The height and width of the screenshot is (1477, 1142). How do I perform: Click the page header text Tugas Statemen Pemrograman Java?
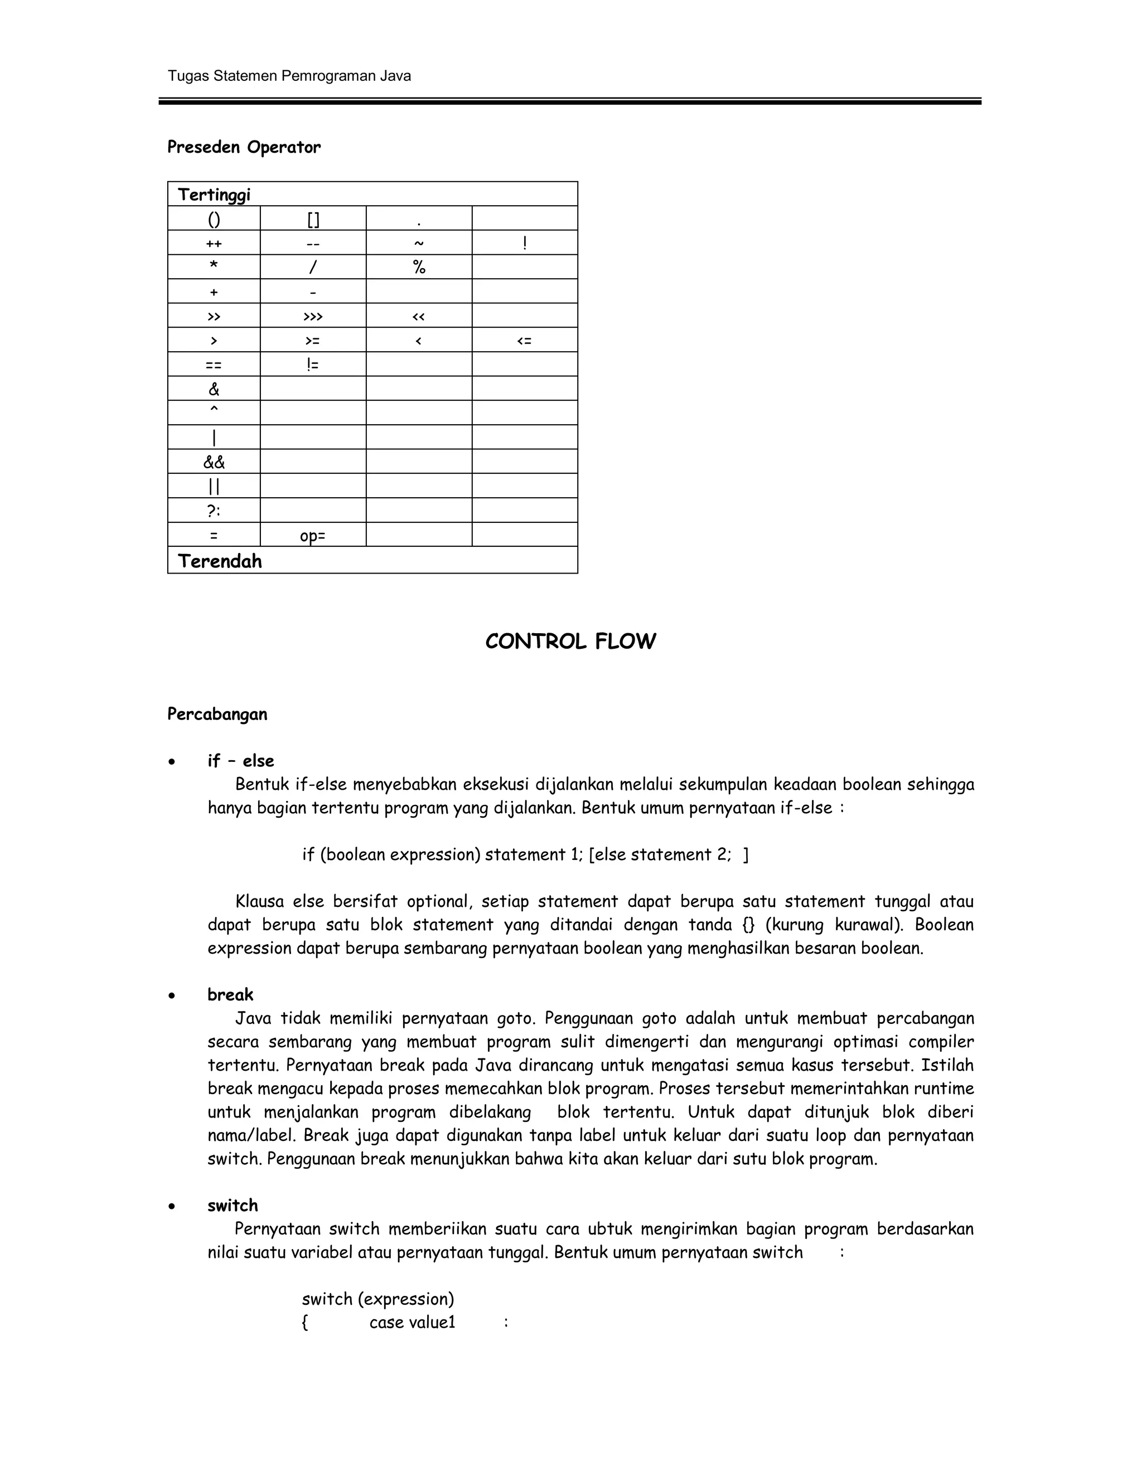289,76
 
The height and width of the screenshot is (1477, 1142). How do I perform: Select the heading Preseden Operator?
244,148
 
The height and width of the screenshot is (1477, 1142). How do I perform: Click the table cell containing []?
313,219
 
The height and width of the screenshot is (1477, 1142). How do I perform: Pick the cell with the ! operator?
524,243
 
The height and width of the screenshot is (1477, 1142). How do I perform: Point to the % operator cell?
419,268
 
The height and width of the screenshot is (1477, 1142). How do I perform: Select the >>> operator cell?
313,317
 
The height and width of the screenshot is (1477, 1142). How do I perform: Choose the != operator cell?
313,365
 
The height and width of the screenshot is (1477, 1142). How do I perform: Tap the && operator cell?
214,463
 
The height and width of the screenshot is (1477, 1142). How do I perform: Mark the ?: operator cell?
214,511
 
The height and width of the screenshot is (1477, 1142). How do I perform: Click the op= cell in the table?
313,536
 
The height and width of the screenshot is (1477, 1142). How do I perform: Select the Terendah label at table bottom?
219,561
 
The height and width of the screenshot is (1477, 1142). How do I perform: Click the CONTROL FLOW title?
570,642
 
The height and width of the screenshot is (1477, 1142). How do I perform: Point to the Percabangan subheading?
217,714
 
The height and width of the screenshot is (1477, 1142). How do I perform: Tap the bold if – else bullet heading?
240,761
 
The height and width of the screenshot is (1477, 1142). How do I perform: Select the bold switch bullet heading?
232,1205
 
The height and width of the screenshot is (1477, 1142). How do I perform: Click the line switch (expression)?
378,1299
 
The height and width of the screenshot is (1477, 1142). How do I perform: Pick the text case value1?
412,1323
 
